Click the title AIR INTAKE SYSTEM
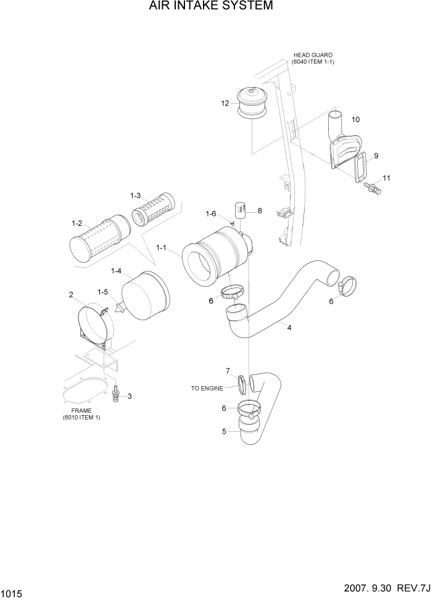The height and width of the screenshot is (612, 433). click(x=210, y=7)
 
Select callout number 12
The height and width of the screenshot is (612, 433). click(x=226, y=103)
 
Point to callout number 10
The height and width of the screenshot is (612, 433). click(x=355, y=118)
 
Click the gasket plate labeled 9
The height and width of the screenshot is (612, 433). click(x=359, y=167)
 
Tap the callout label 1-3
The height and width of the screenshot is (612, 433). click(x=135, y=196)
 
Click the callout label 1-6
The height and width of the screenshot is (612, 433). click(x=210, y=213)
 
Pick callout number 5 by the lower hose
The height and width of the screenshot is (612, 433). click(x=224, y=431)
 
